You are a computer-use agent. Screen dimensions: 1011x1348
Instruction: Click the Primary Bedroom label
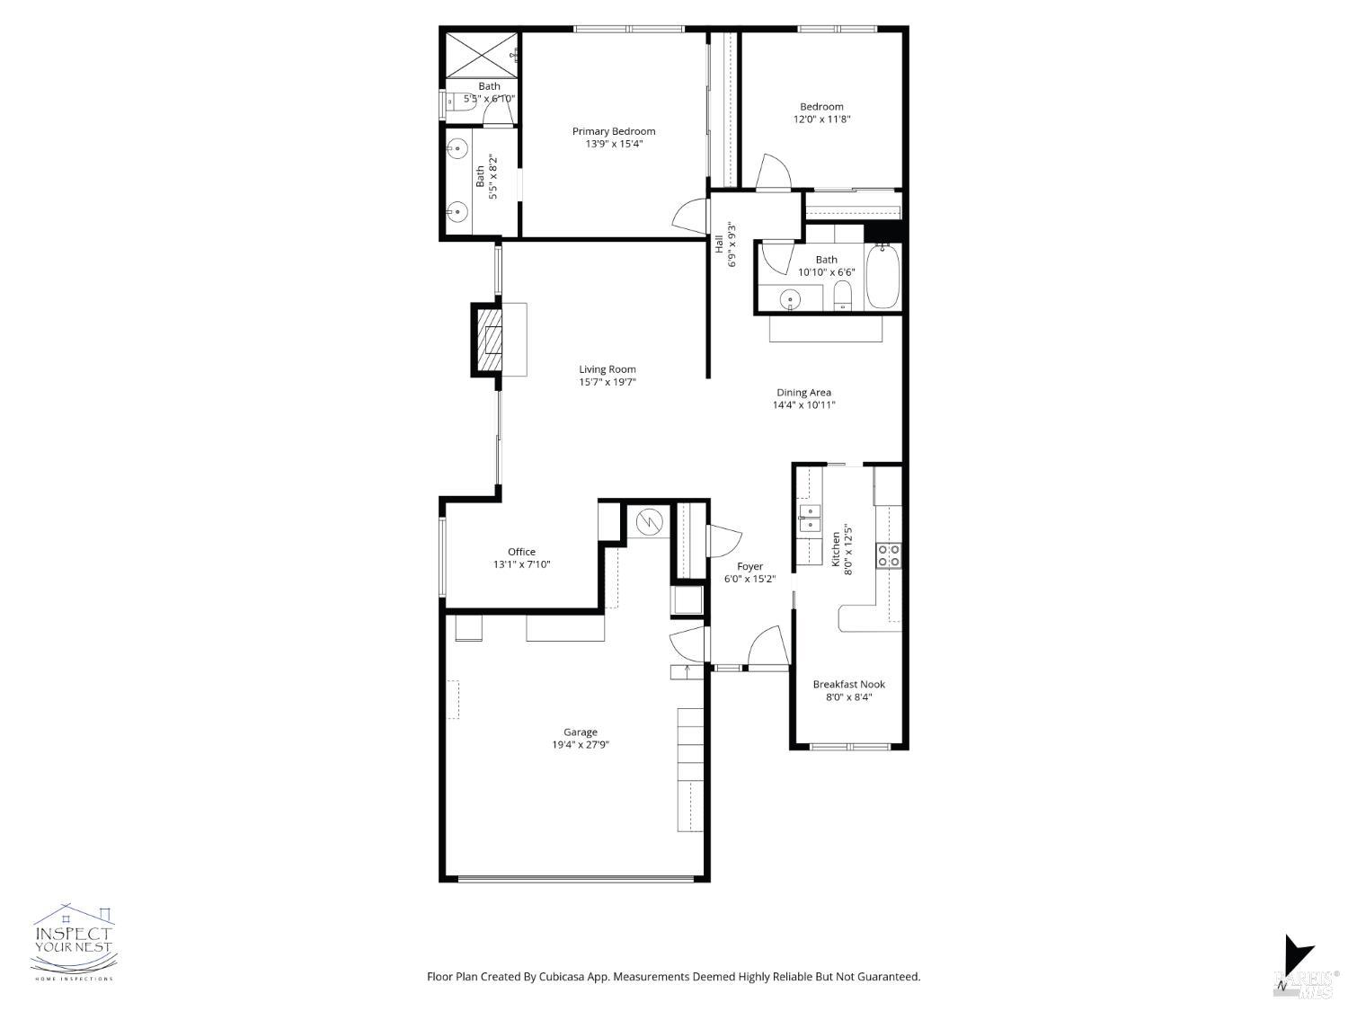click(614, 131)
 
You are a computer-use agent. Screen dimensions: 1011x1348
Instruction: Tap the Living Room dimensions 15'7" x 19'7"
click(607, 382)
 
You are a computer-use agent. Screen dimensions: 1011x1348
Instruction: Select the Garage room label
click(581, 732)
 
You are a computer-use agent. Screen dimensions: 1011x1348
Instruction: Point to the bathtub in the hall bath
click(882, 277)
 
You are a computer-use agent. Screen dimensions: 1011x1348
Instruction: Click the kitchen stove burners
click(890, 555)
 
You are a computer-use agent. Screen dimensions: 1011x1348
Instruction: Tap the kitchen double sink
click(810, 519)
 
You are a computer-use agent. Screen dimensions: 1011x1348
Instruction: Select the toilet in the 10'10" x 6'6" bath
click(842, 294)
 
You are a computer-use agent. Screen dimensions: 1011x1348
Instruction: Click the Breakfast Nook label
click(848, 684)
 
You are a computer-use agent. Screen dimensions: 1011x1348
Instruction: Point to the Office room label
click(521, 552)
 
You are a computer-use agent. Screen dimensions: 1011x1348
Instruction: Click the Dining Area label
click(803, 392)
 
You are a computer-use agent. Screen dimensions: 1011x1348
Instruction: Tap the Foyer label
click(749, 566)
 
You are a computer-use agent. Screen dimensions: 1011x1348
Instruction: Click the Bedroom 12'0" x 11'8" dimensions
click(821, 119)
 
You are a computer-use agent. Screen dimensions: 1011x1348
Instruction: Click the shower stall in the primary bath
click(483, 55)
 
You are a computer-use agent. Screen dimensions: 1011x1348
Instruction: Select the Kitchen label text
click(836, 548)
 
